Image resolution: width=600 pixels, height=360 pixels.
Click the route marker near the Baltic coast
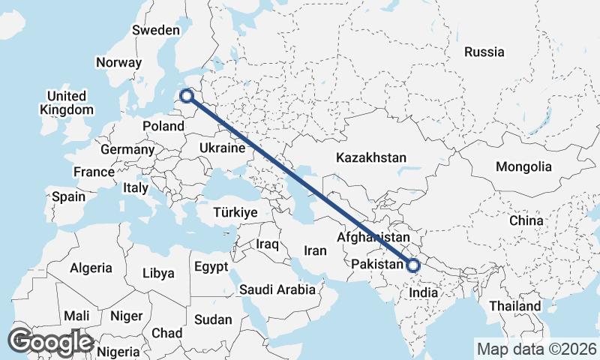[x=187, y=96]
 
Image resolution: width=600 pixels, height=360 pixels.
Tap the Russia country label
[x=484, y=52]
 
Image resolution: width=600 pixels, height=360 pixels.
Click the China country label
[x=526, y=220]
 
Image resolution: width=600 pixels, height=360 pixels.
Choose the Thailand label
[x=515, y=306]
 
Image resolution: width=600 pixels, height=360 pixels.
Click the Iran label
[x=315, y=250]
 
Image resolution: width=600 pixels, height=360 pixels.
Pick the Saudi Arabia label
[x=277, y=289]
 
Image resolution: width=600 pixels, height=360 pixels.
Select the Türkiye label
[x=235, y=212]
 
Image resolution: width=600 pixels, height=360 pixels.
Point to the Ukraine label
[x=222, y=148]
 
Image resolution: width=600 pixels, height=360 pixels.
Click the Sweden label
[x=155, y=31]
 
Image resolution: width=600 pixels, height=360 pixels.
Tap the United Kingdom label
[x=67, y=103]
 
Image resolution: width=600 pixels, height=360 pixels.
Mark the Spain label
[x=68, y=197]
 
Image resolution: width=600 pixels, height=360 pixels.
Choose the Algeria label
[x=91, y=268]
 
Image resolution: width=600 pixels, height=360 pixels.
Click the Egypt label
[x=211, y=267]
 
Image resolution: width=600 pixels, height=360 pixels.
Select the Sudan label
[x=213, y=319]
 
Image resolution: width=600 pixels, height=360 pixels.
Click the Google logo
[x=51, y=342]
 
